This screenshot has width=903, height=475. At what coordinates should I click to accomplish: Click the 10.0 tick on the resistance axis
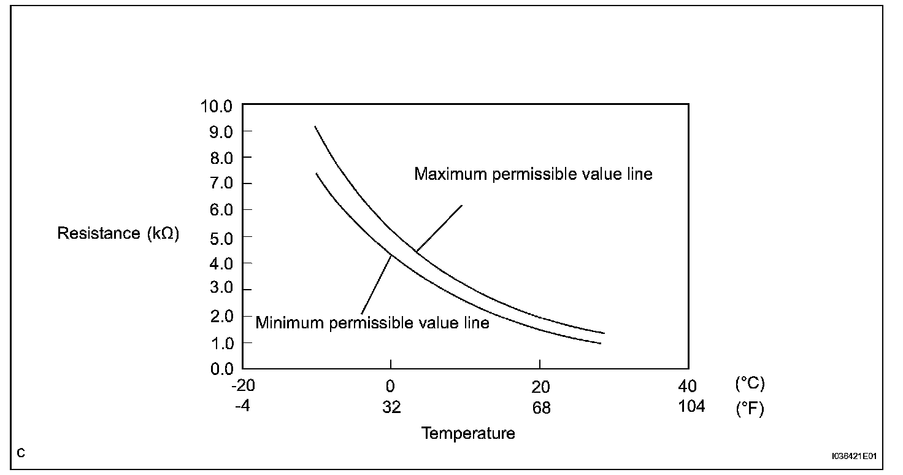pyautogui.click(x=216, y=106)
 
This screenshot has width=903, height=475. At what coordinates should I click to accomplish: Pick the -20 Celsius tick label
pyautogui.click(x=243, y=387)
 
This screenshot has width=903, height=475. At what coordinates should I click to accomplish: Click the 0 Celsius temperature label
pyautogui.click(x=390, y=387)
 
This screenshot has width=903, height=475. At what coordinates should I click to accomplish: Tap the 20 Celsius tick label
pyautogui.click(x=540, y=387)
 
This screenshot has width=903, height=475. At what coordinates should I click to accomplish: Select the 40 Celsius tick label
pyautogui.click(x=688, y=387)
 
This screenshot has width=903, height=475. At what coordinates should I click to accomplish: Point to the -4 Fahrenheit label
pyautogui.click(x=243, y=406)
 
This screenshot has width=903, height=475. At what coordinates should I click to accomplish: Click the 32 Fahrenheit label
pyautogui.click(x=391, y=407)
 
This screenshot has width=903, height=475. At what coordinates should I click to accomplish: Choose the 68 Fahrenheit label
pyautogui.click(x=540, y=407)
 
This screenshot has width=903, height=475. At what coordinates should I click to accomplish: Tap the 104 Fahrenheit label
pyautogui.click(x=691, y=406)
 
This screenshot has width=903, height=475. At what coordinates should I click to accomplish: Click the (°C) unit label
pyautogui.click(x=750, y=384)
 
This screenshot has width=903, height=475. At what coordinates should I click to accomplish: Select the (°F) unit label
pyautogui.click(x=750, y=409)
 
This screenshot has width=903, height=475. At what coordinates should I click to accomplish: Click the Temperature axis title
pyautogui.click(x=468, y=433)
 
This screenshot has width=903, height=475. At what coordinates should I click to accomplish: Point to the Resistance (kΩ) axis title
pyautogui.click(x=118, y=233)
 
